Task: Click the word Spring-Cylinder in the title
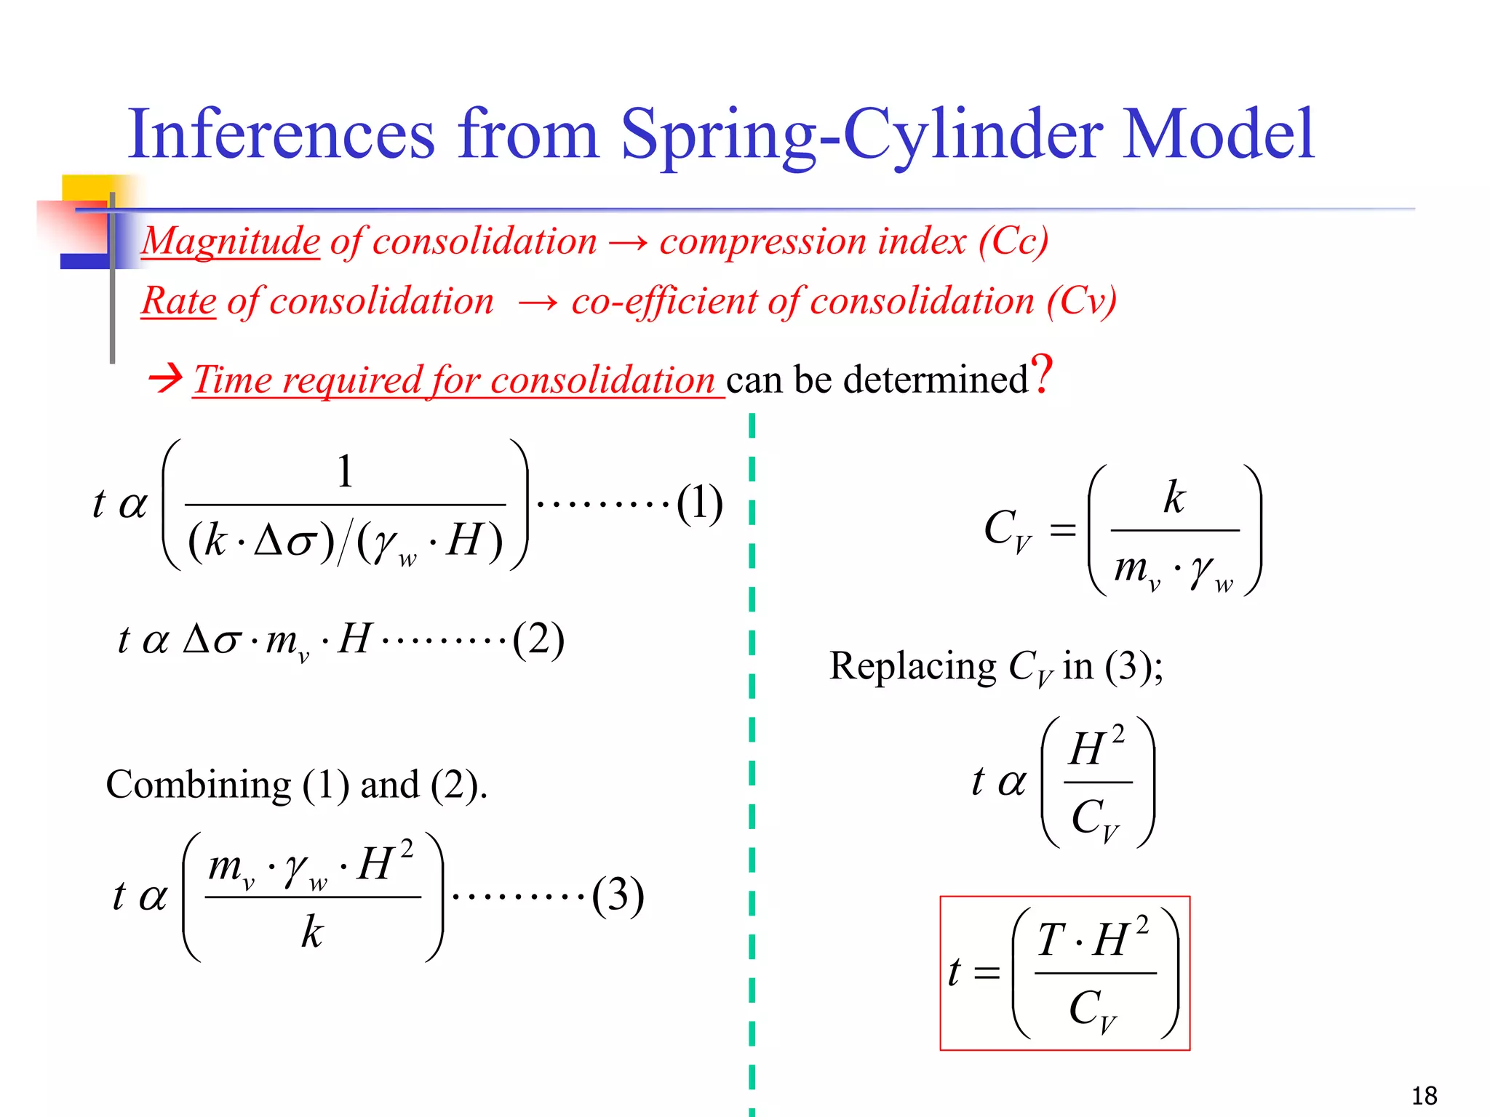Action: click(x=862, y=135)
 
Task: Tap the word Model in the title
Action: click(x=1218, y=135)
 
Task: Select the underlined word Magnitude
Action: click(x=231, y=241)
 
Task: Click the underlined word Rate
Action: click(x=179, y=301)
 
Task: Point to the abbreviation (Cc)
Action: click(x=1012, y=241)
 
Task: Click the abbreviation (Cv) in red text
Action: click(x=1081, y=301)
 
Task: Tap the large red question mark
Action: click(x=1043, y=375)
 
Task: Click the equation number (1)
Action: click(x=699, y=503)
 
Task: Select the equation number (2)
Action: click(x=538, y=640)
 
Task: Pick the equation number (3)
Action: click(x=618, y=895)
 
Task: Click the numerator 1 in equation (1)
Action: click(x=345, y=471)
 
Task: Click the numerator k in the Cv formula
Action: click(x=1174, y=497)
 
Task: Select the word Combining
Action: click(x=199, y=785)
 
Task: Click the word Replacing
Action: click(x=913, y=666)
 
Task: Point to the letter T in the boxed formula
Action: click(x=1051, y=940)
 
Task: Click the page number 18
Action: click(x=1424, y=1095)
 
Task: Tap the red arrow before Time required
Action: click(x=165, y=379)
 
